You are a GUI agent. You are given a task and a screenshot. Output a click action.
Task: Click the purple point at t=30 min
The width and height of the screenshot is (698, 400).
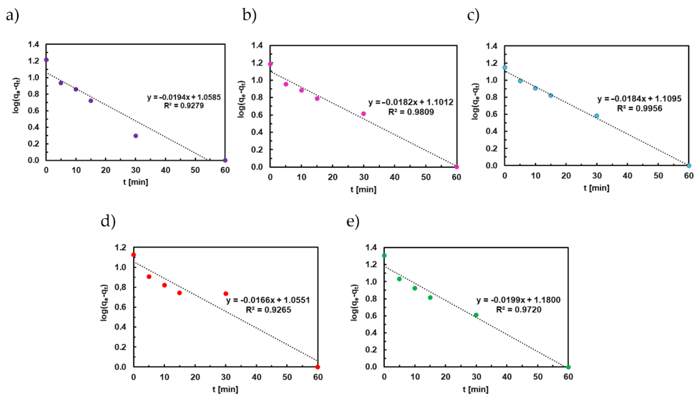[135, 136]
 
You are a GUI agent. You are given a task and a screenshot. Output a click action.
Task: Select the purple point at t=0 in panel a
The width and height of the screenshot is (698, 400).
[46, 60]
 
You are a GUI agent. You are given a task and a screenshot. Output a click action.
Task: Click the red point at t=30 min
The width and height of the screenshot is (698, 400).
[226, 294]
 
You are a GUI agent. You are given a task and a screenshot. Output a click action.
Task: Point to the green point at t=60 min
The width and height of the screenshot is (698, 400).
[569, 367]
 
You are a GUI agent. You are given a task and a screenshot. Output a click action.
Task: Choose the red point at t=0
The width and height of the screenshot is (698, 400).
[134, 255]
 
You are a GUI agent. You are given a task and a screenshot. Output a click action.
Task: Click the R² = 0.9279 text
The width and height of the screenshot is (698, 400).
[184, 106]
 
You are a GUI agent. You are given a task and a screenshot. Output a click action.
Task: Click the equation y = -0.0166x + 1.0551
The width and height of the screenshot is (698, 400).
[268, 300]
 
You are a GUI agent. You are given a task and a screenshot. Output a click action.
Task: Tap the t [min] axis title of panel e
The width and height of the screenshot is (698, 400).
[476, 389]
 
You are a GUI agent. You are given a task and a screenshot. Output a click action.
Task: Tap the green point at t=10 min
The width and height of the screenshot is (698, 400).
[415, 288]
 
